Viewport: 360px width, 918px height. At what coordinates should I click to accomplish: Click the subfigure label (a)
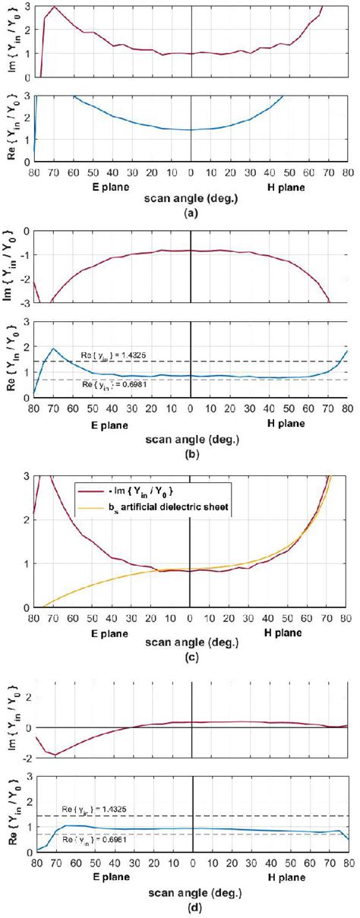point(191,214)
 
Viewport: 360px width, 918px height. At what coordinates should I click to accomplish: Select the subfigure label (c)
point(191,658)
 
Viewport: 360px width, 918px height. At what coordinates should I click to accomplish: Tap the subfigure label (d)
point(192,903)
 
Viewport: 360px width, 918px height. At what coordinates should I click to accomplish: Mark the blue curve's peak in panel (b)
point(53,349)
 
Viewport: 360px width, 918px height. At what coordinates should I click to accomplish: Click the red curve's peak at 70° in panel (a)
point(54,7)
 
